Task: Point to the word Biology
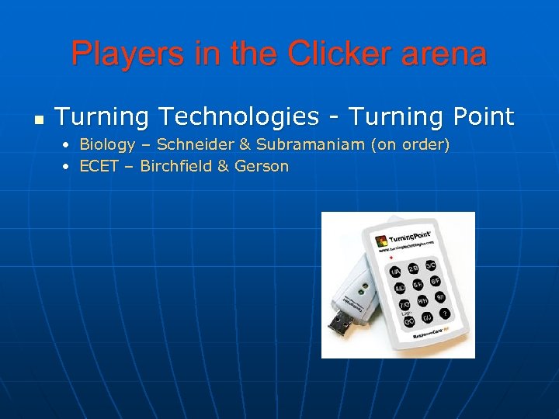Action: (106, 145)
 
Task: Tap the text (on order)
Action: (415, 145)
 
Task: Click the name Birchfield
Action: (175, 166)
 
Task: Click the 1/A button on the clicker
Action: (396, 272)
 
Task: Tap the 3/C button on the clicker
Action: (429, 265)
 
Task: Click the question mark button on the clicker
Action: (445, 313)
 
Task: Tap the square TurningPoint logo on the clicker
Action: (380, 241)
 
